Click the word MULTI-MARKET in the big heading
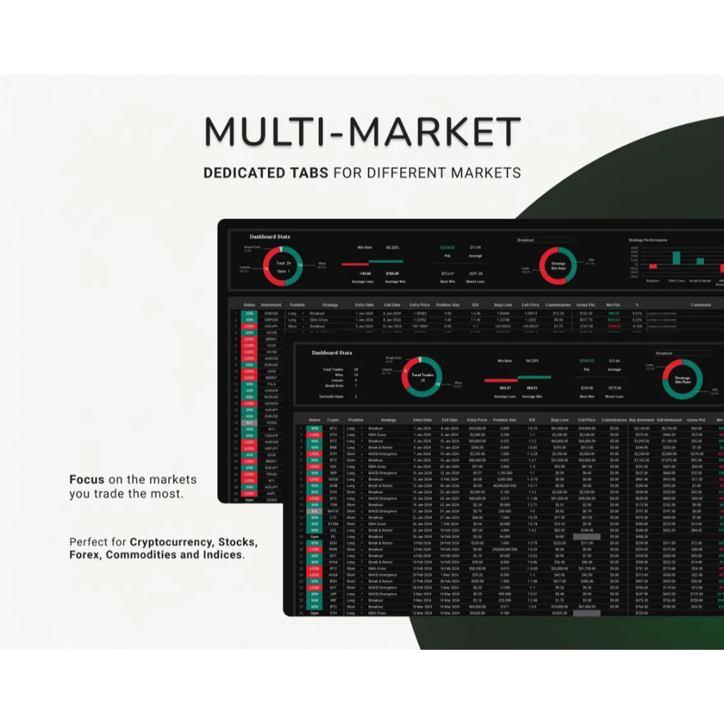pos(363,132)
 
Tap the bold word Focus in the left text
pos(86,479)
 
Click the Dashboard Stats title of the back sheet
pos(269,237)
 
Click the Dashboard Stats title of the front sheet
pos(332,352)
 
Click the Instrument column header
pos(271,305)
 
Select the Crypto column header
pos(332,420)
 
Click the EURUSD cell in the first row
pos(271,313)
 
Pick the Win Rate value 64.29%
pos(532,361)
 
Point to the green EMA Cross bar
pos(676,258)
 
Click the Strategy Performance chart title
pos(647,240)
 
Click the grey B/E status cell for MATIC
pos(314,511)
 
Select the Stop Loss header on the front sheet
pos(559,420)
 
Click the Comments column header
pos(700,305)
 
